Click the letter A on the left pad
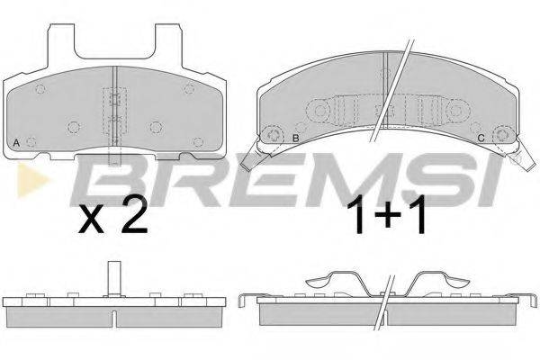pyautogui.click(x=18, y=143)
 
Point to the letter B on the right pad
pyautogui.click(x=294, y=137)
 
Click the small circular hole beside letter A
pyautogui.click(x=31, y=142)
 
